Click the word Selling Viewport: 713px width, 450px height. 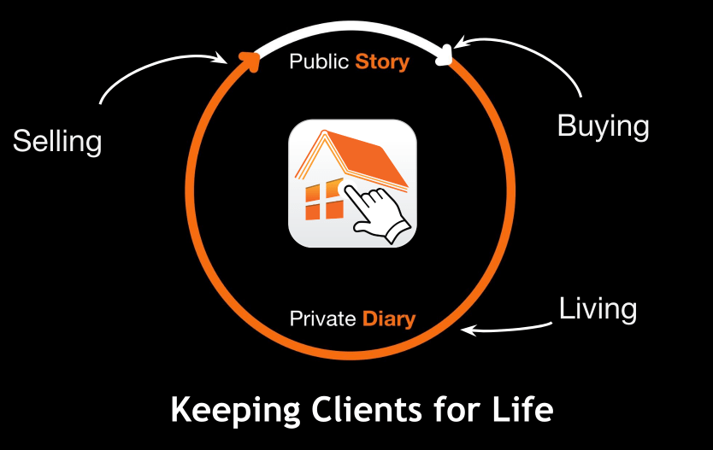[x=57, y=141]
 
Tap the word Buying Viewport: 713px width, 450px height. [x=603, y=126]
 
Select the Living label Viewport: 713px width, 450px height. [x=598, y=308]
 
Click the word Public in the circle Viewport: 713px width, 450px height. [x=318, y=62]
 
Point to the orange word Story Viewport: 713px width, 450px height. [x=382, y=62]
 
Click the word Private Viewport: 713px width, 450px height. [x=322, y=319]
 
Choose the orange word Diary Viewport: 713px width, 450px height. [x=389, y=319]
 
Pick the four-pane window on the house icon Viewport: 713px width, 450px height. [x=324, y=202]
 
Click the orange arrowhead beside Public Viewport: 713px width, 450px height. [x=250, y=60]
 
